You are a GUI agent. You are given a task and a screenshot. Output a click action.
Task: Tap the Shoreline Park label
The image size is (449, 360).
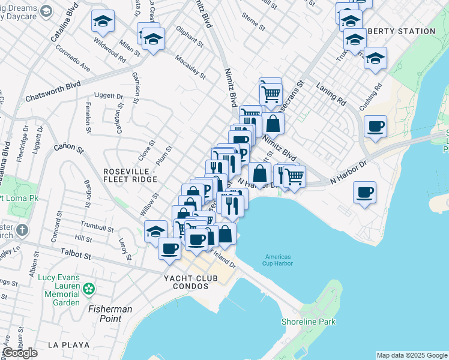(x=309, y=322)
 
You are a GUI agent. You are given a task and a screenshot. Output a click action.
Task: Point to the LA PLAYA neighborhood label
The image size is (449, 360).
(x=69, y=345)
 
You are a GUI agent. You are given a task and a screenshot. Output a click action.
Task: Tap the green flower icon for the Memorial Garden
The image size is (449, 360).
(x=89, y=289)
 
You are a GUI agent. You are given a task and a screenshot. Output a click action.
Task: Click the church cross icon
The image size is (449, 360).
(x=22, y=230)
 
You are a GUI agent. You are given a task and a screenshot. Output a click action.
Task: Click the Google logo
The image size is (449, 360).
(x=20, y=353)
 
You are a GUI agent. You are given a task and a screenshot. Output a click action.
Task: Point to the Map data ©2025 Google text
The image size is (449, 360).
(x=411, y=355)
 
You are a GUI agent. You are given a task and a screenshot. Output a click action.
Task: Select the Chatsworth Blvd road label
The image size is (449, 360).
(x=53, y=92)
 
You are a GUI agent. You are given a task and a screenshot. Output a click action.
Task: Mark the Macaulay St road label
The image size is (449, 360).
(x=190, y=67)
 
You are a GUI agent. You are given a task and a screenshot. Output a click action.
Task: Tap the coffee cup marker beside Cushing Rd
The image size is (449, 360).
(x=375, y=126)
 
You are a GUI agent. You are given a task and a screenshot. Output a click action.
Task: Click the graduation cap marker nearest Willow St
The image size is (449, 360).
(x=155, y=231)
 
